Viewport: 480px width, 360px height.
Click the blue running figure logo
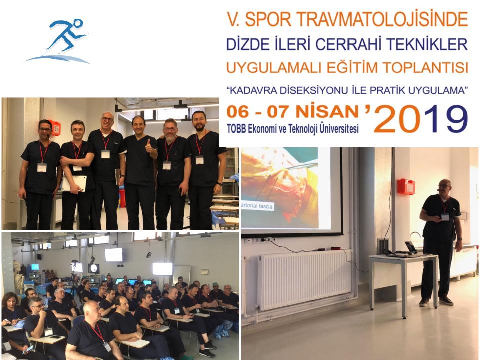(58, 41)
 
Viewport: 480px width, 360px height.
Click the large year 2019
(421, 119)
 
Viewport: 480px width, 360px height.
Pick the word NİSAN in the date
(327, 112)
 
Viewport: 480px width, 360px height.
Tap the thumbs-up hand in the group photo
(149, 147)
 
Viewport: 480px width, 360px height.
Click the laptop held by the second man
(74, 183)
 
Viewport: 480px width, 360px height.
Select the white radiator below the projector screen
(305, 279)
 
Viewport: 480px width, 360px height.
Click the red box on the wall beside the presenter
(406, 186)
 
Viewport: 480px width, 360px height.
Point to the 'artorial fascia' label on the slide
(257, 206)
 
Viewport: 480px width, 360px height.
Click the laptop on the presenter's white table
(409, 249)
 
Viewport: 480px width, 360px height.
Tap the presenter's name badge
(445, 217)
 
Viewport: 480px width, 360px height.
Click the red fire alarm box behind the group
(55, 128)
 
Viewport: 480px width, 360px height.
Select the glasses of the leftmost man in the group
(45, 130)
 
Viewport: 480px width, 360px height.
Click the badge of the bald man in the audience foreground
(107, 347)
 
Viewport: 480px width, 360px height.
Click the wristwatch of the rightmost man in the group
(220, 184)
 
